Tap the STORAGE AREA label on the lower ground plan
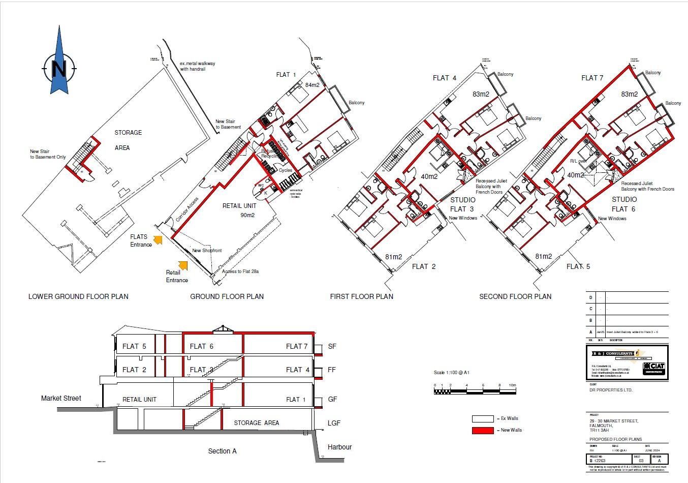tap(128, 140)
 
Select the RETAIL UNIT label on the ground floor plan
tap(239, 206)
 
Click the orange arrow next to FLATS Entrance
tap(158, 240)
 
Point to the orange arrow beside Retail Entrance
tap(183, 265)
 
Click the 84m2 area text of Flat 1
tap(312, 85)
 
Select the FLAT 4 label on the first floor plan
tap(444, 78)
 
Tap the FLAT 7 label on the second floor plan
tap(592, 78)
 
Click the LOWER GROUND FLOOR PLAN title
tap(78, 296)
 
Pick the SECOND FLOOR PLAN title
tap(515, 296)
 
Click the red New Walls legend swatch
tap(482, 430)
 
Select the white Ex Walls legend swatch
tap(482, 418)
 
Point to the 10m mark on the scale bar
tap(512, 386)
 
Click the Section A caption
tap(222, 451)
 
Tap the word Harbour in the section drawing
tap(339, 447)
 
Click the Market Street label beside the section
tap(61, 398)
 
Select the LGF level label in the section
tap(334, 422)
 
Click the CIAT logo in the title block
tap(654, 368)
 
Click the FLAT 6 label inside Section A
tap(201, 346)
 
